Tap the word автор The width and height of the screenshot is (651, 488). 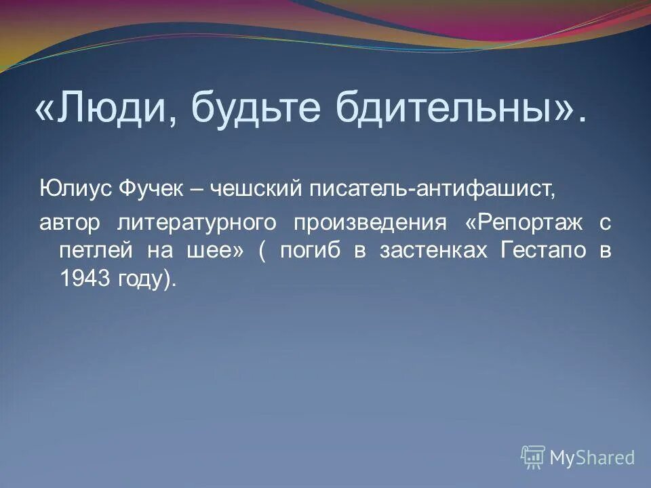69,222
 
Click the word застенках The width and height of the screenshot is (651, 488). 433,251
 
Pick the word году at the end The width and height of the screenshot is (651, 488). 142,279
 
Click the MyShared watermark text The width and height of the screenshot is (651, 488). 592,457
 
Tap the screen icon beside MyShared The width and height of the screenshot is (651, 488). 533,457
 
